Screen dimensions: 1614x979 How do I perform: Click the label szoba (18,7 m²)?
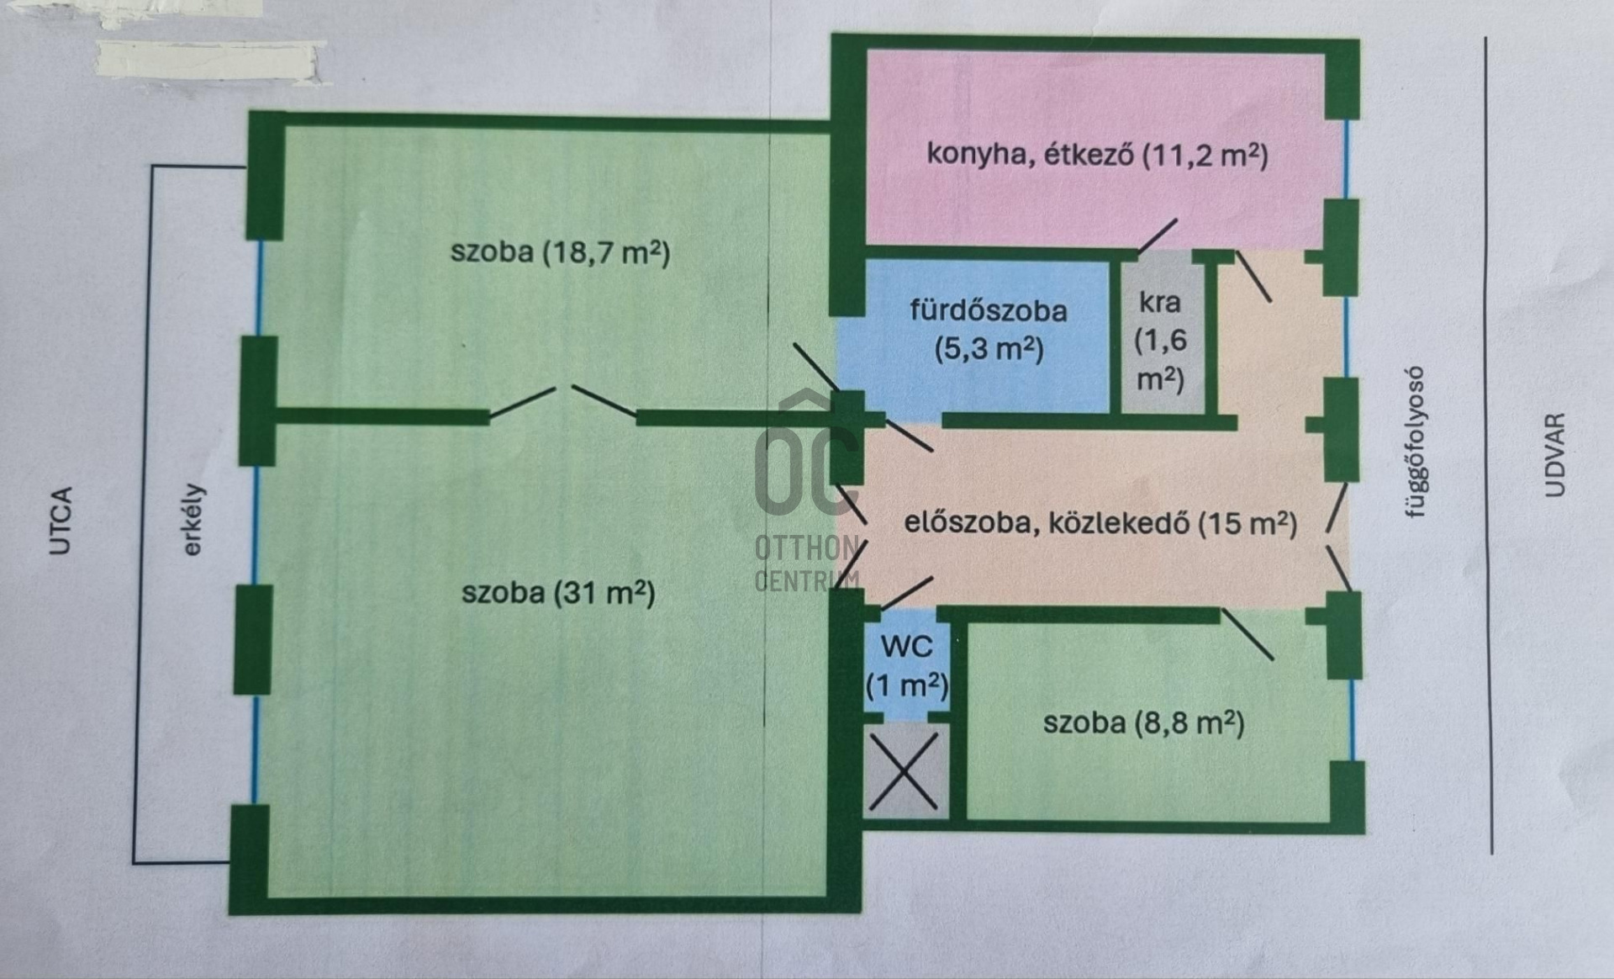coord(561,251)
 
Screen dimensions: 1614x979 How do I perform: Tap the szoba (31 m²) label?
coord(558,593)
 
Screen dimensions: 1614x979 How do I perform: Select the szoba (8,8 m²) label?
coord(1144,722)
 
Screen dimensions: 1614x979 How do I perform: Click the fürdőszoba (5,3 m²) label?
coord(989,329)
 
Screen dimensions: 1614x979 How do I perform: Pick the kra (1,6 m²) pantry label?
coord(1160,341)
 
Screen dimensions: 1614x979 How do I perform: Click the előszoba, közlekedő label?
coord(1047,523)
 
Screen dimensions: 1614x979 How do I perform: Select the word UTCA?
coord(61,521)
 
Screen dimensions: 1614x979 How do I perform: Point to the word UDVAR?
coord(1556,454)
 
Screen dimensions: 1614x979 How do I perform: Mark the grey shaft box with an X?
coord(906,771)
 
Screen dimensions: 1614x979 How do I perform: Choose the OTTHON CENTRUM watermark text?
coord(807,564)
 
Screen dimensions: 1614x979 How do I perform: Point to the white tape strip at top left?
coord(208,61)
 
